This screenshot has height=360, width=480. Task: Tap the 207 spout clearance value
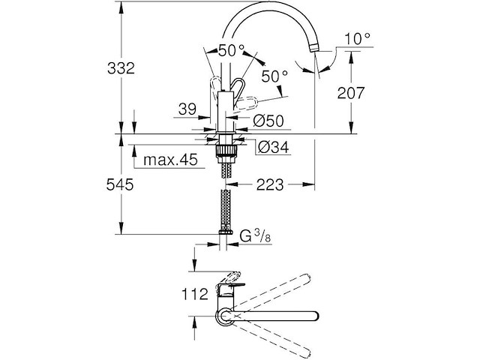coord(370,92)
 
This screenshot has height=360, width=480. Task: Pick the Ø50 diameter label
coord(268,120)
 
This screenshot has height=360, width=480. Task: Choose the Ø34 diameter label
coord(271,147)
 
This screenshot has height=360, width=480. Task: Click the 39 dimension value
coord(187,109)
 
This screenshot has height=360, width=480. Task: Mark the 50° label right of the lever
coord(275,76)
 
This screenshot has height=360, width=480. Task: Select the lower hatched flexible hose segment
coord(224,211)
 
